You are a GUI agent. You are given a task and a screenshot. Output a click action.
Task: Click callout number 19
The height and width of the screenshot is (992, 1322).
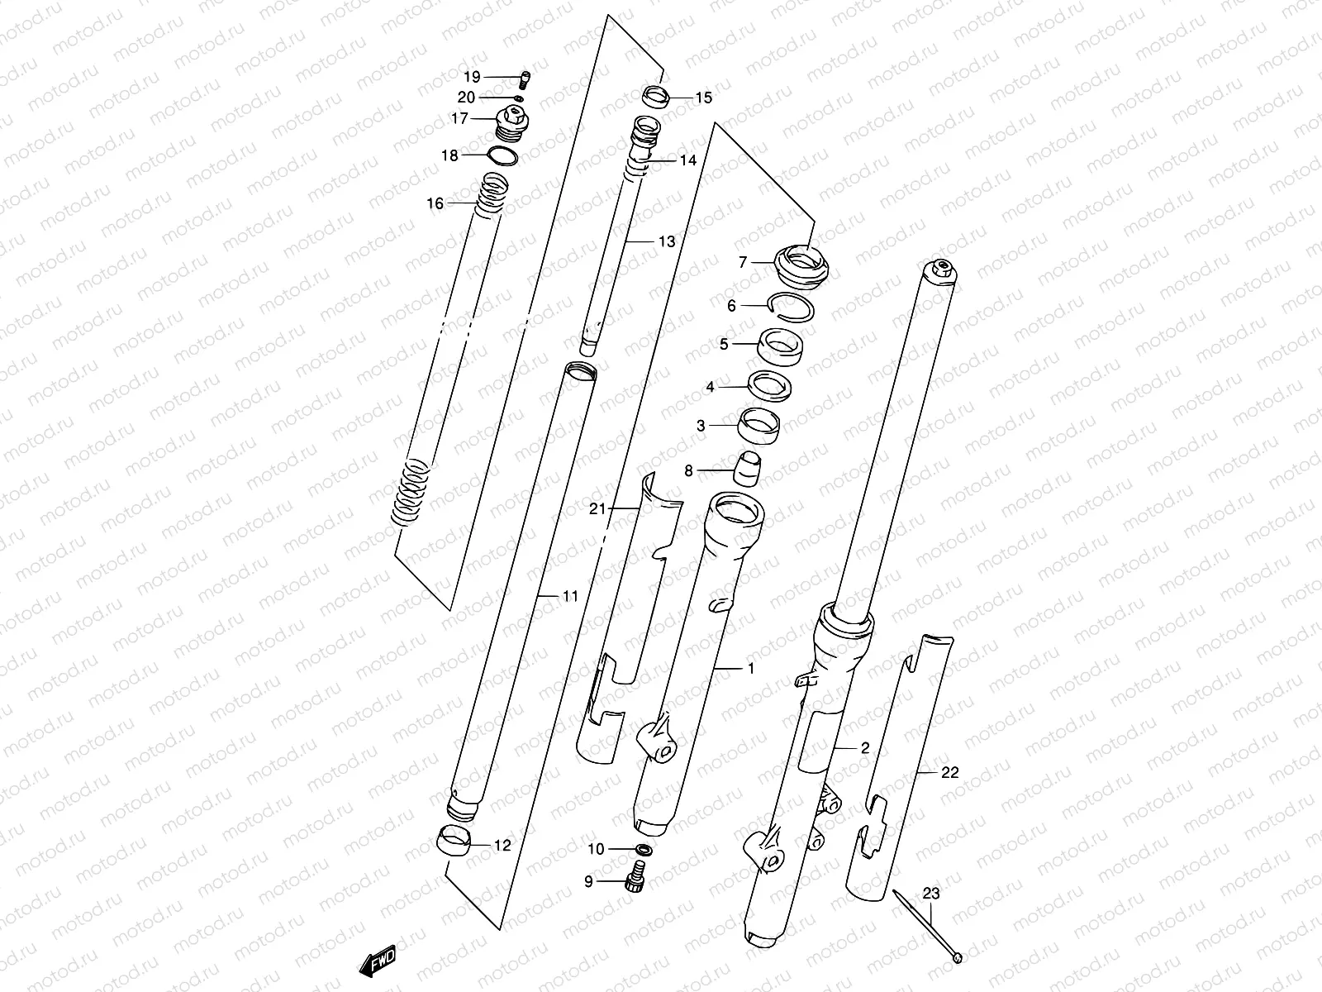click(x=472, y=78)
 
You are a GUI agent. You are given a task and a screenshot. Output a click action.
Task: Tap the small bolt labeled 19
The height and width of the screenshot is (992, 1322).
click(x=524, y=79)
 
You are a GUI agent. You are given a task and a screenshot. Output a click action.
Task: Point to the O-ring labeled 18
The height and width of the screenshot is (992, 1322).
click(x=503, y=156)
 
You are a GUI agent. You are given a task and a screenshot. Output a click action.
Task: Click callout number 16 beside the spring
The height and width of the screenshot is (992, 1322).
click(x=435, y=203)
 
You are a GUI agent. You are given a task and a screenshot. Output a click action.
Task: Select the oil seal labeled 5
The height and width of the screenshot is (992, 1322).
click(x=782, y=345)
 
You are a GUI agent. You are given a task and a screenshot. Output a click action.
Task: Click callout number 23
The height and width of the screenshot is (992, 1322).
click(x=931, y=894)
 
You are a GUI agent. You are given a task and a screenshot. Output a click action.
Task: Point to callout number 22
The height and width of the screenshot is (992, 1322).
click(x=949, y=772)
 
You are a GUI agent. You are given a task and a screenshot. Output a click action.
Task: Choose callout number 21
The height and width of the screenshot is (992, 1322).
click(x=598, y=509)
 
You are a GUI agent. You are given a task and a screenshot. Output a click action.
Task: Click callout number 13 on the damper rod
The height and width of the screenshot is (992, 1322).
click(x=667, y=241)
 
